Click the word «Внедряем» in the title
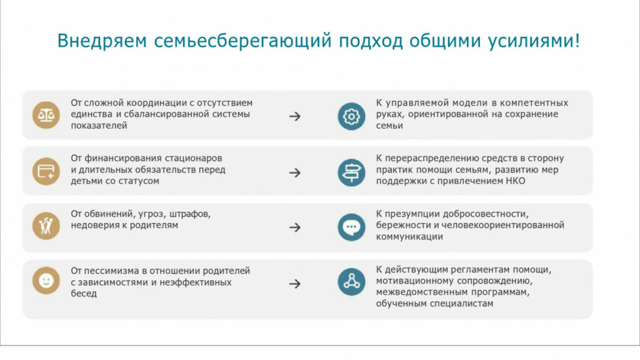102,41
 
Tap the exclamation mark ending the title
577,41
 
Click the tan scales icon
46,115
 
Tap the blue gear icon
351,117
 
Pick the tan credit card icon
46,171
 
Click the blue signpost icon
351,172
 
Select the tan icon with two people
46,226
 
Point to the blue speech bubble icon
351,227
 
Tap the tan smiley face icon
46,281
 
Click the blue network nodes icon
351,282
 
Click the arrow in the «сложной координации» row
295,117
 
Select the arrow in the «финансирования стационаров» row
295,173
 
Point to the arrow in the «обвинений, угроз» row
295,227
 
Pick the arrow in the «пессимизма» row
295,284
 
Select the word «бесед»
84,294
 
